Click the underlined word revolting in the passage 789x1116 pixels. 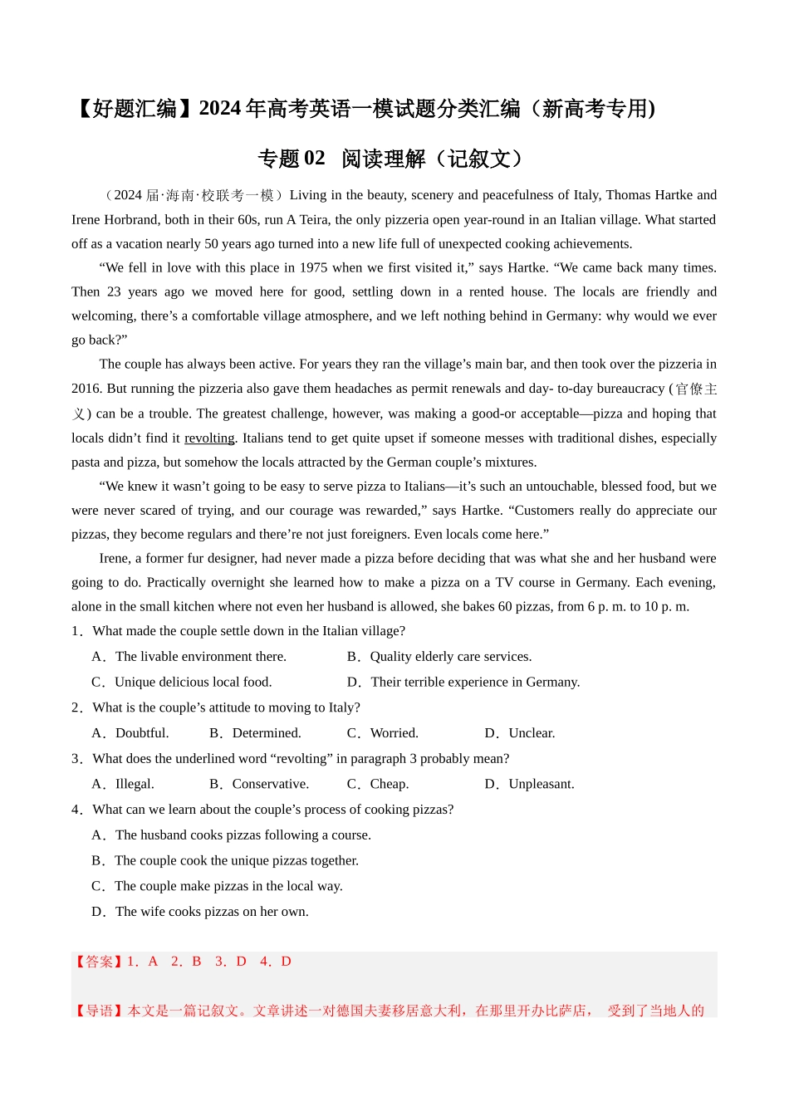coord(209,438)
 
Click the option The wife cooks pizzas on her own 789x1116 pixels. coord(211,912)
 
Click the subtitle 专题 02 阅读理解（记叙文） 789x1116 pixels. coord(394,159)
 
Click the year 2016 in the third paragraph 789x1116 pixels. coord(86,389)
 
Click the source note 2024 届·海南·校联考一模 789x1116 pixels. coord(194,196)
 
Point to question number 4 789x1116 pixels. coord(76,810)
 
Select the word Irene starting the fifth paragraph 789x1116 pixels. coord(114,559)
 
